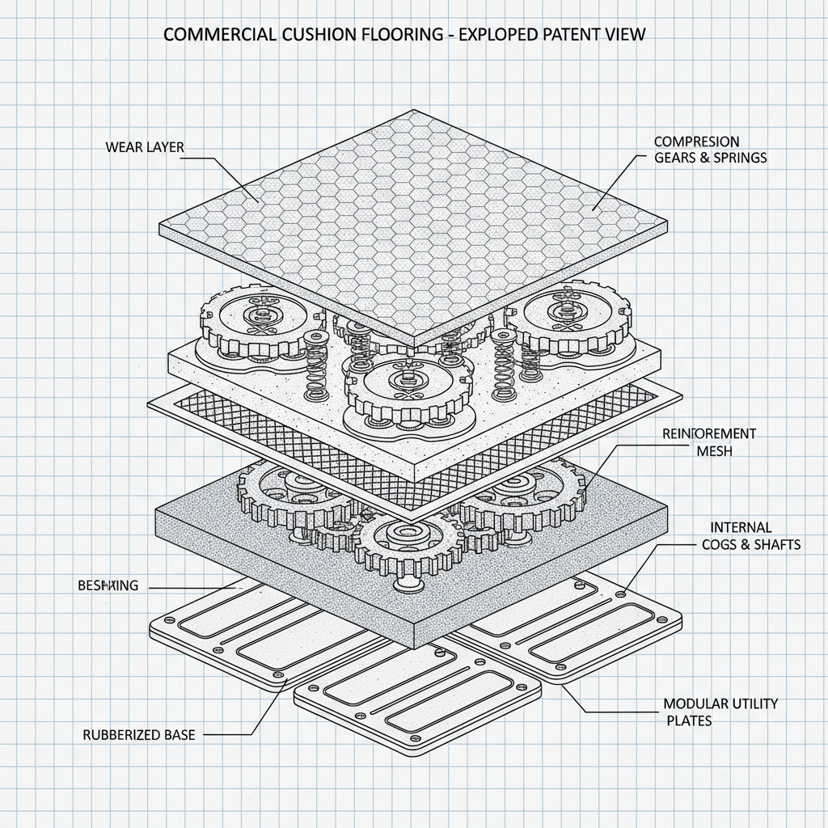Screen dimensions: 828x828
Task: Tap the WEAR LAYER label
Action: pos(145,147)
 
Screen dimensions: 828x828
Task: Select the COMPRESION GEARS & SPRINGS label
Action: pos(710,150)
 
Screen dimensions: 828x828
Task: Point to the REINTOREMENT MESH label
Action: pos(709,442)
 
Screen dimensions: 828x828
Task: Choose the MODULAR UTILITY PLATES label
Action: pos(720,712)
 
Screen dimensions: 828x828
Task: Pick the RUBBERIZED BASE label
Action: pos(139,735)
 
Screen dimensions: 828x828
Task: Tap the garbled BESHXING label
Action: pos(108,586)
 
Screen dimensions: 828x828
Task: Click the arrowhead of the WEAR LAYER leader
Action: pos(256,200)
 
